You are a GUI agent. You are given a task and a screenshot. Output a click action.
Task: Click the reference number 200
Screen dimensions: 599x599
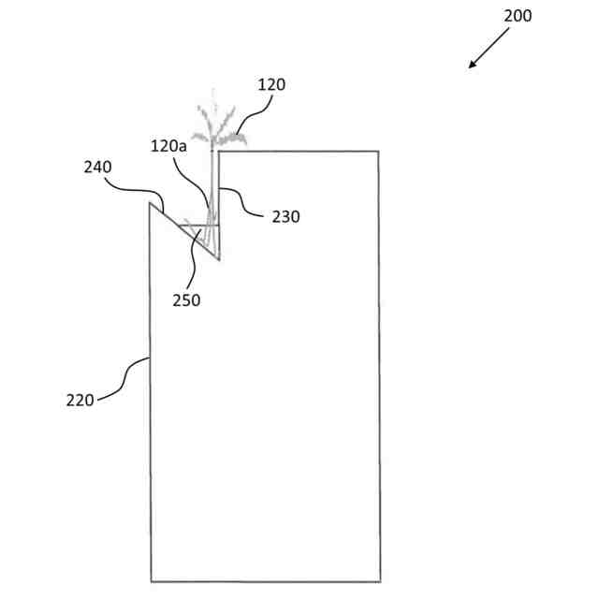(518, 16)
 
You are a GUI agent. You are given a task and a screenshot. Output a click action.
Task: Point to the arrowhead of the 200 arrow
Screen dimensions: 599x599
(472, 66)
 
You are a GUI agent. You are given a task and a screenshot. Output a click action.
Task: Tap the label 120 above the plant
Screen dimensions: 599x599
(271, 85)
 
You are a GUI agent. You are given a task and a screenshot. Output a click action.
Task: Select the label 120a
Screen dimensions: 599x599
(168, 147)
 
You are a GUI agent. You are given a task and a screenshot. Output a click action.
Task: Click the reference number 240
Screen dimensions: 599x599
(96, 168)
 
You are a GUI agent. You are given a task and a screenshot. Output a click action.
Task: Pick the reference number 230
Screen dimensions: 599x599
(285, 217)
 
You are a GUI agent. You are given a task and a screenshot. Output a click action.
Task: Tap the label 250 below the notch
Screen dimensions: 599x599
(186, 300)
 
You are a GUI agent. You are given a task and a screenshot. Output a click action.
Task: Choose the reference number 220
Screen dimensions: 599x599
(80, 400)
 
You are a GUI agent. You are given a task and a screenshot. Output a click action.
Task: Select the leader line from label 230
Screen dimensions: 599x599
(245, 203)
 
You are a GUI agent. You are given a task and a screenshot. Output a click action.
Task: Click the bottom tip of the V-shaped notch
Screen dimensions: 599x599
(218, 261)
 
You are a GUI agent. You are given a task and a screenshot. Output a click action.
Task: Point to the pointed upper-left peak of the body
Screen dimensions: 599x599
(150, 202)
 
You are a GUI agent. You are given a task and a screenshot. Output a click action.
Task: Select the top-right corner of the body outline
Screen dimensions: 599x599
(378, 151)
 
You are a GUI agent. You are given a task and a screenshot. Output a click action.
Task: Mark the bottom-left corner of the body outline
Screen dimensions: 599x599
(151, 581)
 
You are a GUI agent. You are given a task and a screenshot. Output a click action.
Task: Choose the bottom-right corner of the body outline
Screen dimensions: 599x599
(380, 581)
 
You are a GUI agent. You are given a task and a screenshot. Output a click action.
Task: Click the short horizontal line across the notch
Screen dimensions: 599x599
(199, 225)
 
